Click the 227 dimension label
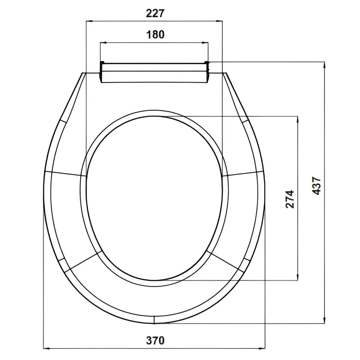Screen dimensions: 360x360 [155, 13]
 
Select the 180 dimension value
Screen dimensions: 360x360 [155, 34]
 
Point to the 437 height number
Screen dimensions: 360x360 [316, 186]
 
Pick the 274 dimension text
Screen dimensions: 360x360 [290, 199]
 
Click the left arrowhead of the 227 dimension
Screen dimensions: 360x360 [89, 21]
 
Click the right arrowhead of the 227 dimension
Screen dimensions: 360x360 [219, 21]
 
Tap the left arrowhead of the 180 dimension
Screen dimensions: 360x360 [103, 43]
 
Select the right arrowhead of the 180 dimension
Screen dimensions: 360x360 [205, 43]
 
